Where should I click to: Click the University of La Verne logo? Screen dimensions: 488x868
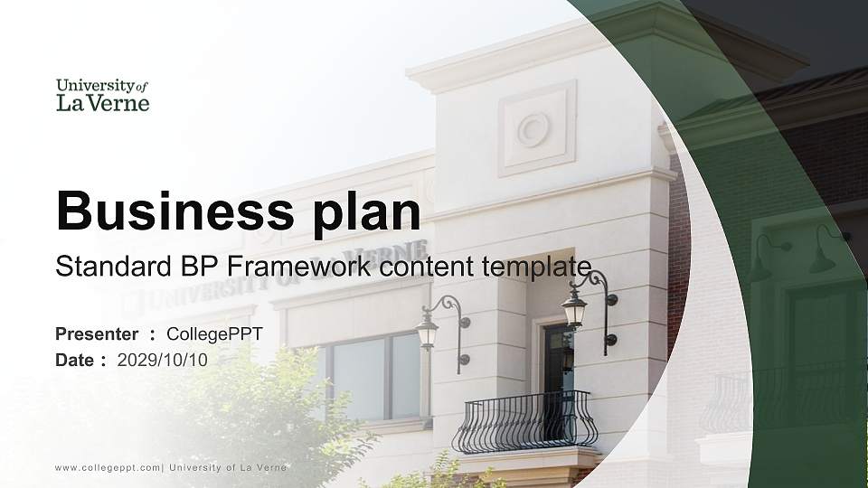pyautogui.click(x=102, y=95)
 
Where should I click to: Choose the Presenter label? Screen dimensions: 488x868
pyautogui.click(x=97, y=334)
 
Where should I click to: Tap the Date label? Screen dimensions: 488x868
pyautogui.click(x=75, y=360)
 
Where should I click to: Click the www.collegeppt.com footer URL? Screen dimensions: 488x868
pyautogui.click(x=108, y=467)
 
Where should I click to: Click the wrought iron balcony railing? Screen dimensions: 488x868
pyautogui.click(x=524, y=422)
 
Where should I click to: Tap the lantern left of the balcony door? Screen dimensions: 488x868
pyautogui.click(x=428, y=330)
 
